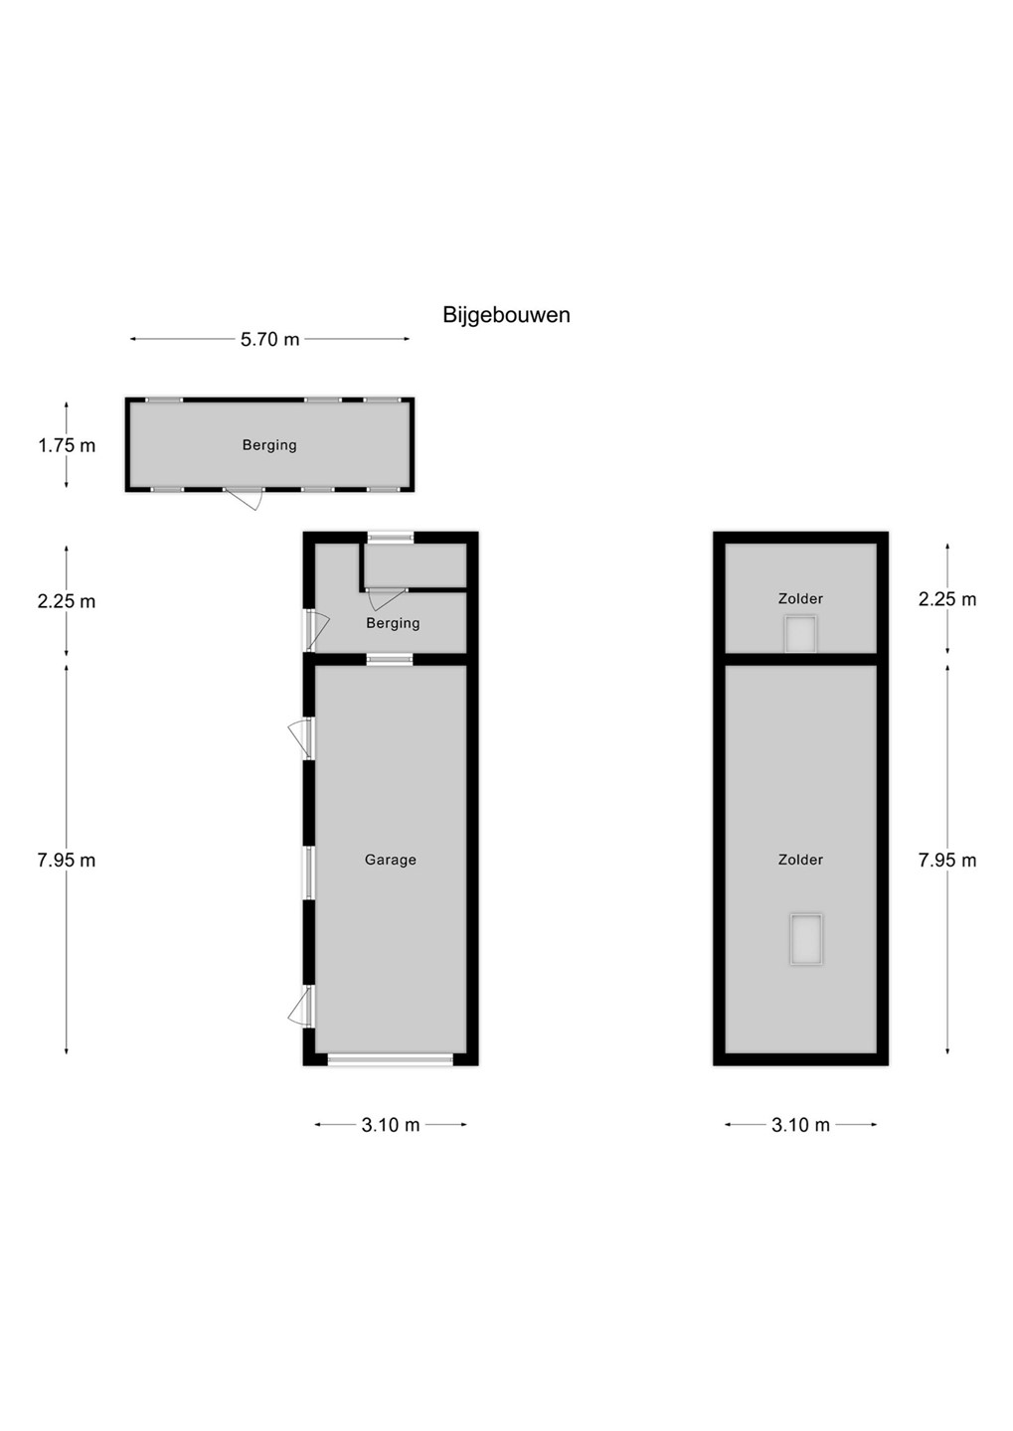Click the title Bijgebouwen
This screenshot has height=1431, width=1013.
click(x=506, y=316)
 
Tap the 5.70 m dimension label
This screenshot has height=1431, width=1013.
click(x=269, y=339)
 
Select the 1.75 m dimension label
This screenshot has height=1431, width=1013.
click(x=67, y=445)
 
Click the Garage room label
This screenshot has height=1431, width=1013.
click(x=391, y=860)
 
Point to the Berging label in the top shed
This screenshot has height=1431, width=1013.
click(x=269, y=445)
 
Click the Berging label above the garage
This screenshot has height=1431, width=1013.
click(x=393, y=623)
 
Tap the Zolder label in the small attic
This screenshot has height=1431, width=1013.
click(x=800, y=598)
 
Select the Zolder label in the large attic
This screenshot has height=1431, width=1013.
click(x=800, y=860)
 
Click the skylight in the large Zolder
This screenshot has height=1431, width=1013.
click(x=806, y=938)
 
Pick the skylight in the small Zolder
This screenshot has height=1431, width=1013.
click(x=800, y=634)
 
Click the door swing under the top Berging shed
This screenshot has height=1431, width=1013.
click(x=245, y=498)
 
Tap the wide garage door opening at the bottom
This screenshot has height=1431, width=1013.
click(x=390, y=1059)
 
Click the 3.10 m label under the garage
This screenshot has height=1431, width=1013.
click(x=391, y=1125)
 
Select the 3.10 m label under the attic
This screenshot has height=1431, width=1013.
click(x=800, y=1125)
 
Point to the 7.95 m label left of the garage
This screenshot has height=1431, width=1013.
click(x=67, y=861)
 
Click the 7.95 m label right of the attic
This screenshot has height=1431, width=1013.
click(x=947, y=861)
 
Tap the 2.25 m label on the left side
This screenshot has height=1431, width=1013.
click(x=67, y=601)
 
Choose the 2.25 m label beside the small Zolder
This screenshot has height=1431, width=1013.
click(x=947, y=599)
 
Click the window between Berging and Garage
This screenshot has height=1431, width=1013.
click(x=390, y=659)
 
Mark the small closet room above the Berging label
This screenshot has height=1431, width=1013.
click(x=415, y=564)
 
